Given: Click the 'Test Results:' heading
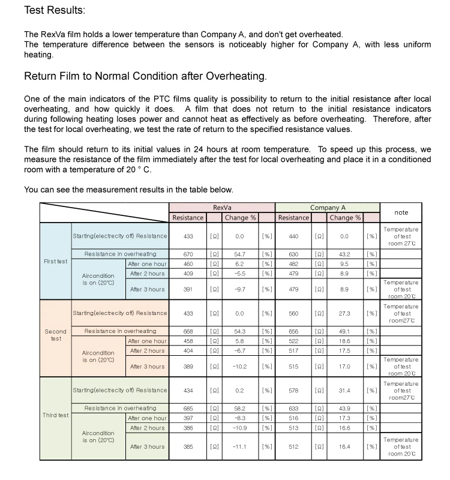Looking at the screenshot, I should (55, 11).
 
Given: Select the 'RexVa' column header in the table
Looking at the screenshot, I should (222, 207).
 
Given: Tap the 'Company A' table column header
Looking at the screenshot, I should (328, 207).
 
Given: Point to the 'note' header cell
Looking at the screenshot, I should (401, 212).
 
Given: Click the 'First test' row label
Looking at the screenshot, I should (55, 262).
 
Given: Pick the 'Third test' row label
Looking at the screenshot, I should (55, 415).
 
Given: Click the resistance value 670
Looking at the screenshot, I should (188, 254).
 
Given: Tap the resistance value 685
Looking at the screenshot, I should (188, 408).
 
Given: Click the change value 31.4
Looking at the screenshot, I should (344, 391).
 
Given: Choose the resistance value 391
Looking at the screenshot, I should (188, 289).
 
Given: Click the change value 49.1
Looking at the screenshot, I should (344, 331).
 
